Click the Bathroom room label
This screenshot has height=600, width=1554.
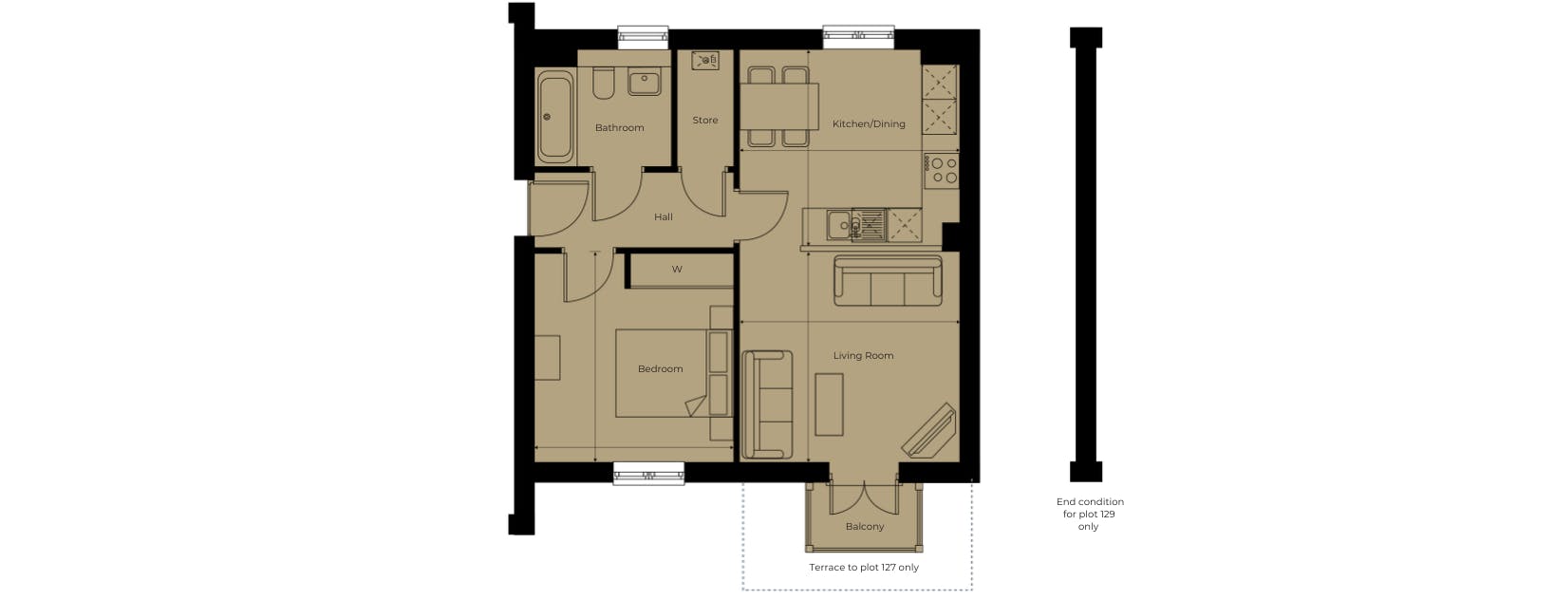(620, 127)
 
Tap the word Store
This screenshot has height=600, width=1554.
(704, 120)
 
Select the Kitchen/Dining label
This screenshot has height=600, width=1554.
(869, 124)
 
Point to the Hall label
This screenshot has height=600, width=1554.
(664, 217)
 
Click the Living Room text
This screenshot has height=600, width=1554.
(863, 356)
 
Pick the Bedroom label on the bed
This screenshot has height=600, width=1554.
(661, 369)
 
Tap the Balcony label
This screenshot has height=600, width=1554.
(865, 527)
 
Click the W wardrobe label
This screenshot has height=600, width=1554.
(677, 269)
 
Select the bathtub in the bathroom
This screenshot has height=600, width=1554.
(555, 116)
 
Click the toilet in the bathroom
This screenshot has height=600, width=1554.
(603, 84)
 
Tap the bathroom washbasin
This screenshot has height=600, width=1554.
(645, 81)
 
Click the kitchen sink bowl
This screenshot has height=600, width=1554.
(839, 225)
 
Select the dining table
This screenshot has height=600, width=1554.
(779, 106)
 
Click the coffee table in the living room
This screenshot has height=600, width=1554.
(829, 404)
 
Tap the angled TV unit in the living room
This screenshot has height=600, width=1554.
(929, 431)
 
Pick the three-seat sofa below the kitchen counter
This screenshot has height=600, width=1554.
(888, 281)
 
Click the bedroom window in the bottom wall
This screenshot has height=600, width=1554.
(648, 474)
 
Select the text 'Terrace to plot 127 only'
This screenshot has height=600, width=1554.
(864, 568)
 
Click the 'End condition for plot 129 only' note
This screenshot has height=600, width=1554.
(1090, 514)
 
